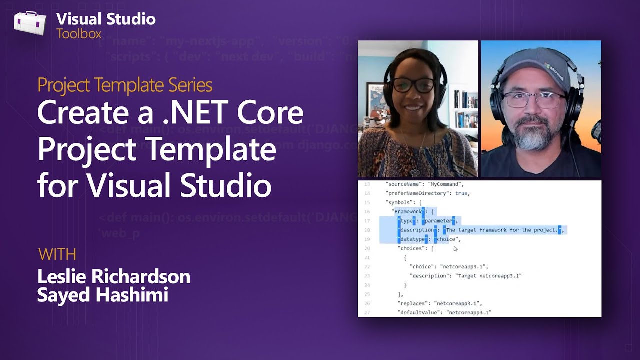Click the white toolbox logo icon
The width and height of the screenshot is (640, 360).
click(30, 23)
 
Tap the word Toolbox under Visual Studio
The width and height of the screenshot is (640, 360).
click(79, 34)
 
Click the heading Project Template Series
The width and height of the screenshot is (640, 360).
click(125, 85)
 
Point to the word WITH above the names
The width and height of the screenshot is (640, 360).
click(57, 254)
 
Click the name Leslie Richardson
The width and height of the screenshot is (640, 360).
click(114, 276)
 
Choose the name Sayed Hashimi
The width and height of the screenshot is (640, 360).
click(102, 295)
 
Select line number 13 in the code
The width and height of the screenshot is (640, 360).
click(367, 184)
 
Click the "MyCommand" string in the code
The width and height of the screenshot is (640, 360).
click(446, 184)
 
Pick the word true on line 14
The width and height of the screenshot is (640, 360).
click(461, 193)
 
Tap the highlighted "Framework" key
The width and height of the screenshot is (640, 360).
click(408, 212)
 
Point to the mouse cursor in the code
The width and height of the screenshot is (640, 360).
click(455, 248)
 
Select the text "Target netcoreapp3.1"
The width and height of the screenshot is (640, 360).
click(489, 276)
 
